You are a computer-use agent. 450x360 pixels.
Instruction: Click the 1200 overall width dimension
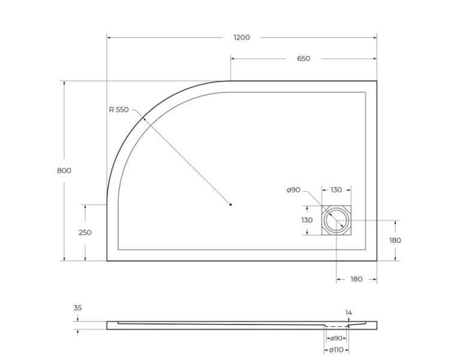pyautogui.click(x=241, y=37)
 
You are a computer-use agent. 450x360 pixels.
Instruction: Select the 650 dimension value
pyautogui.click(x=304, y=59)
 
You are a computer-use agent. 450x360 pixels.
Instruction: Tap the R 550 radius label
pyautogui.click(x=119, y=110)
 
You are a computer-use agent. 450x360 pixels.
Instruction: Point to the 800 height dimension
pyautogui.click(x=64, y=170)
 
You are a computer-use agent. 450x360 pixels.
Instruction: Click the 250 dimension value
pyautogui.click(x=85, y=233)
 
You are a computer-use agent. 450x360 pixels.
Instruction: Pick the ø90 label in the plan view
pyautogui.click(x=293, y=190)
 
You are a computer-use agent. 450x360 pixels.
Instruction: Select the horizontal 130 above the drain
pyautogui.click(x=336, y=190)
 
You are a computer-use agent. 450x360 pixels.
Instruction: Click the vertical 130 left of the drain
pyautogui.click(x=307, y=220)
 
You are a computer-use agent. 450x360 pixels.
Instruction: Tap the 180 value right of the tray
pyautogui.click(x=395, y=241)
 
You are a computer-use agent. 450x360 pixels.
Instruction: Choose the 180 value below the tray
pyautogui.click(x=356, y=279)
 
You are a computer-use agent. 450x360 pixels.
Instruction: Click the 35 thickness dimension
pyautogui.click(x=78, y=308)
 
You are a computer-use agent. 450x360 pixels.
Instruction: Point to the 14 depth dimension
pyautogui.click(x=349, y=313)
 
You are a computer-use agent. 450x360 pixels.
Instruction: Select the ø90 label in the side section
pyautogui.click(x=336, y=338)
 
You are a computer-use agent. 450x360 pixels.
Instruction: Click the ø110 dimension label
pyautogui.click(x=336, y=350)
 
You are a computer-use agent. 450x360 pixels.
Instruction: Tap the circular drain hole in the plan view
pyautogui.click(x=336, y=221)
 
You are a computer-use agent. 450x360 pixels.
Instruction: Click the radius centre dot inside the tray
pyautogui.click(x=231, y=205)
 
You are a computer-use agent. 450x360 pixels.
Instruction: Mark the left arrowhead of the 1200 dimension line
pyautogui.click(x=109, y=37)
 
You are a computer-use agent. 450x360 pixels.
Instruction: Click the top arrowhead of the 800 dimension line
pyautogui.click(x=64, y=83)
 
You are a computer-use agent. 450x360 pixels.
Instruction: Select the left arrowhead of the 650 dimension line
pyautogui.click(x=233, y=59)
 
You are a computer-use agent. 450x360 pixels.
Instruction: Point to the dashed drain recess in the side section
pyautogui.click(x=336, y=327)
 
